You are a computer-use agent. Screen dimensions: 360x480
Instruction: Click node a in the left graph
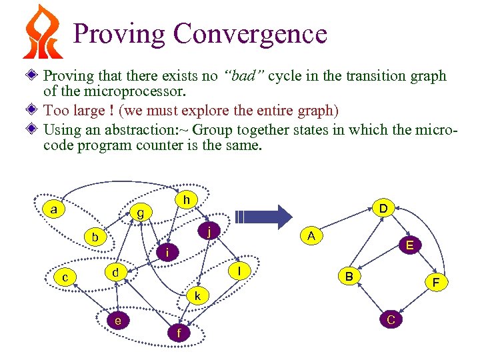pos(53,209)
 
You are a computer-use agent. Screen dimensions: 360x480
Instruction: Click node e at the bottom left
pos(118,321)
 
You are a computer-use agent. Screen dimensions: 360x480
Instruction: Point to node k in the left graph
pos(198,295)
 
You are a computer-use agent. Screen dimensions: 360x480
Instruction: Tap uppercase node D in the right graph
pos(383,208)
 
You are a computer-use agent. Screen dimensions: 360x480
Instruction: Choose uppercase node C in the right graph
pos(391,320)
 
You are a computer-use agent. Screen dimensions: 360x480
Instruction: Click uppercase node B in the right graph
pos(349,275)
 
